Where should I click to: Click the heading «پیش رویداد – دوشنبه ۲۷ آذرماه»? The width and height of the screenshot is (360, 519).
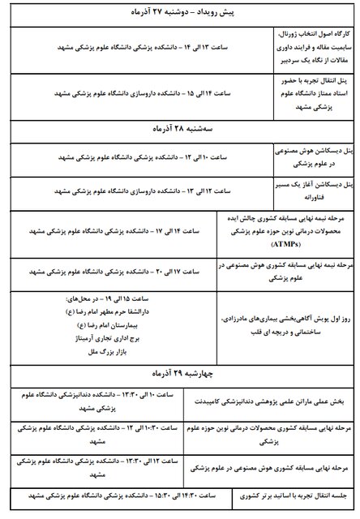[x=180, y=15]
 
